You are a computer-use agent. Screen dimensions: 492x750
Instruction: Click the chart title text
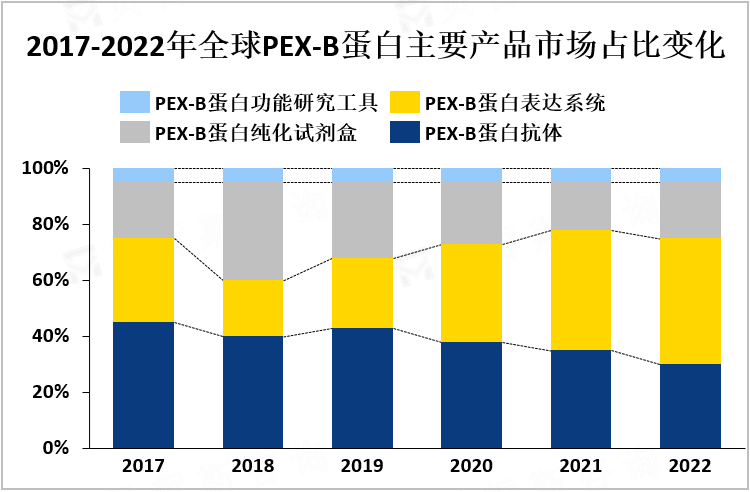coord(375,47)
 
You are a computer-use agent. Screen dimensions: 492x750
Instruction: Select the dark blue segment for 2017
coord(144,385)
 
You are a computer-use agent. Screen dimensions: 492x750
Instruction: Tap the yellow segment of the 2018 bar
coord(253,308)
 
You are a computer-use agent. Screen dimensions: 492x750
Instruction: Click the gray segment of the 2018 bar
coord(253,231)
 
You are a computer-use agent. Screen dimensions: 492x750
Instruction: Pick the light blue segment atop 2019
coord(362,175)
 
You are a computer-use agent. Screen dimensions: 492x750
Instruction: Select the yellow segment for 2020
coord(471,293)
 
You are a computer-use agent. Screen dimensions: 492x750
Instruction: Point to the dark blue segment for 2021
coord(581,399)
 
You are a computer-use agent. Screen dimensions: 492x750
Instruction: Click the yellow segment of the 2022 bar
coord(690,301)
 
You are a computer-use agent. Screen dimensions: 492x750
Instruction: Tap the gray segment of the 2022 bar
coord(690,210)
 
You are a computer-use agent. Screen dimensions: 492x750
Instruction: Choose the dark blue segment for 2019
coord(362,388)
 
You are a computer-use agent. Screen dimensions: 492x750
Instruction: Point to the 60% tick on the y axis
coord(46,281)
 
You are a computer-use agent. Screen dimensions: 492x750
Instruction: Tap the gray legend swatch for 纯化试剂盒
coord(133,132)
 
